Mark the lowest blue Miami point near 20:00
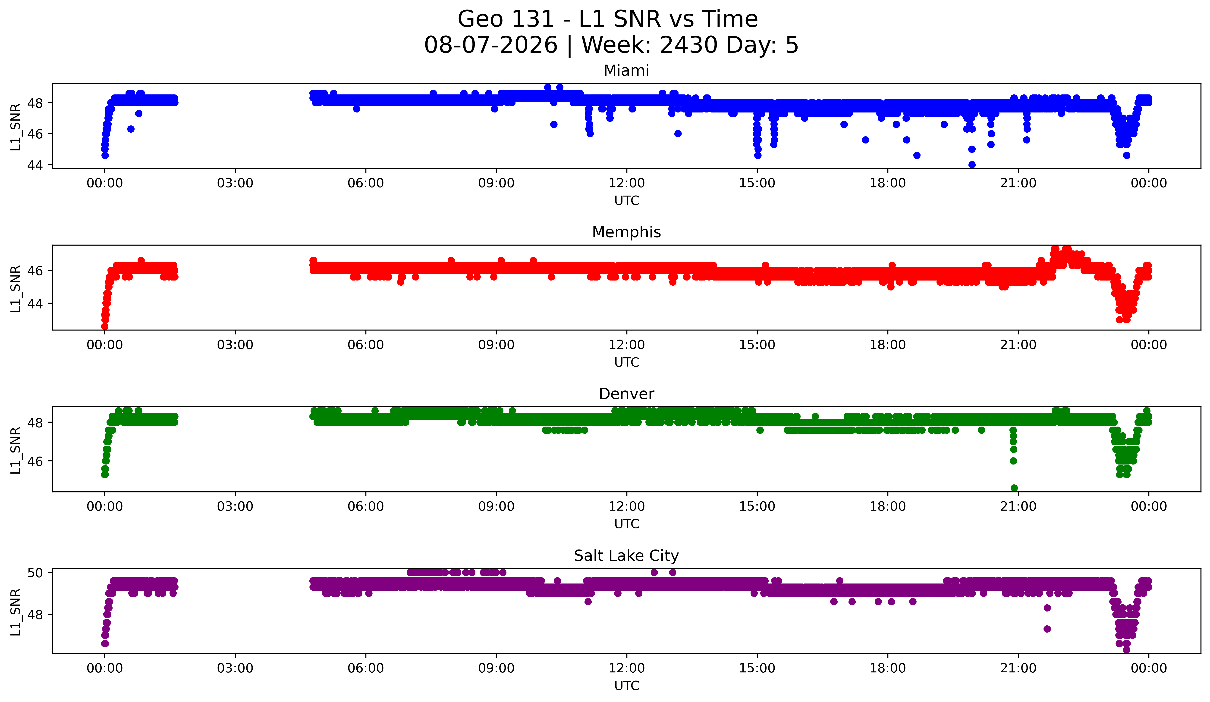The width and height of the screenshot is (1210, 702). click(x=972, y=165)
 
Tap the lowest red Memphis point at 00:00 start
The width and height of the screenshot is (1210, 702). click(x=105, y=326)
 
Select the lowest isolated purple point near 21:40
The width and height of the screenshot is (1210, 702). click(x=1047, y=629)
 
